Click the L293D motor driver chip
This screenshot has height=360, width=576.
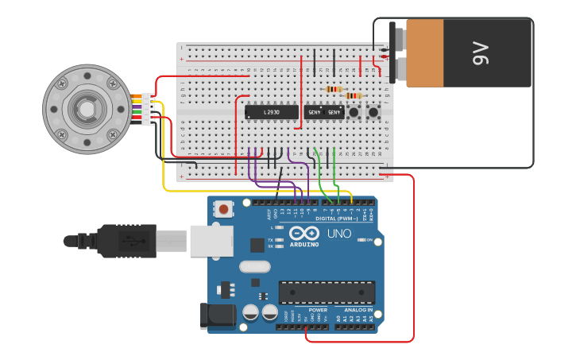[271, 113]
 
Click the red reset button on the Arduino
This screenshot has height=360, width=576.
[224, 210]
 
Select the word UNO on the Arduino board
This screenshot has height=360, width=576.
[339, 234]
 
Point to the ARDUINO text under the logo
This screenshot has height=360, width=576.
[304, 244]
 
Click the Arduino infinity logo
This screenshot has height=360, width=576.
[304, 233]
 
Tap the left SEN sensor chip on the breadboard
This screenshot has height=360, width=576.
[313, 113]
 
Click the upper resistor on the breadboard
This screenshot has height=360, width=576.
[334, 89]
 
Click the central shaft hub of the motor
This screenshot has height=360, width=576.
[87, 109]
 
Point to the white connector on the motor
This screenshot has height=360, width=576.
[148, 109]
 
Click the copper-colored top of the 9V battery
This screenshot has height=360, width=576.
[425, 53]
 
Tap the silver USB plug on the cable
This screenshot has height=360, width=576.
[172, 240]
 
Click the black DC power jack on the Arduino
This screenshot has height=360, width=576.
[220, 315]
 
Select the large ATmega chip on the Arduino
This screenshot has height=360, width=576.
[326, 292]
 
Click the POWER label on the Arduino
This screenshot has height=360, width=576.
[318, 310]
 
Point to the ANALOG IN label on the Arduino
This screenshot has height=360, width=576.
[358, 310]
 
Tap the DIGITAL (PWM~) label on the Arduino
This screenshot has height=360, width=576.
[337, 219]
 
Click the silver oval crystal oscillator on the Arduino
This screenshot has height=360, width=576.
[255, 267]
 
